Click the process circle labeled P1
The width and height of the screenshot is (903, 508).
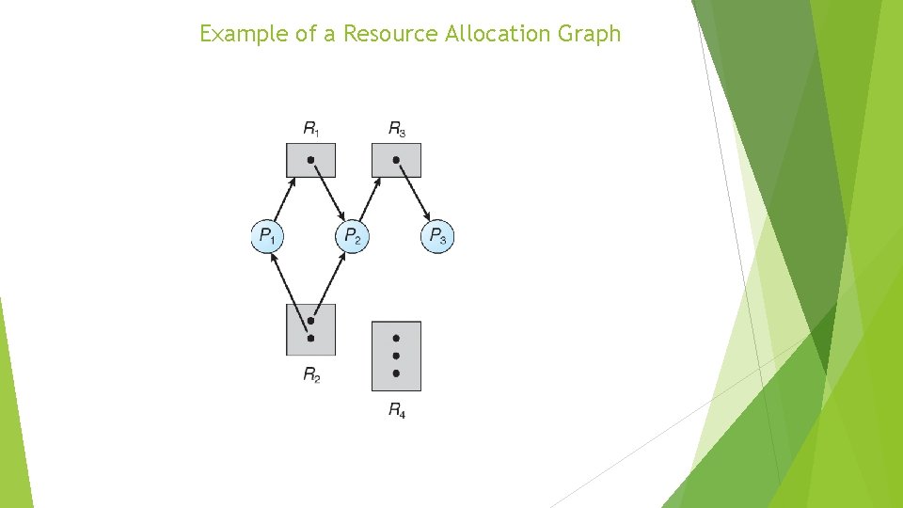pos(267,235)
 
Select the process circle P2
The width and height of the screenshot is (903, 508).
pos(352,235)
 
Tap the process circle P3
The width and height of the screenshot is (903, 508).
pos(436,235)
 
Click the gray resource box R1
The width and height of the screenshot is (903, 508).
pos(310,160)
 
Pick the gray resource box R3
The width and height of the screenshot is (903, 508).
pos(396,160)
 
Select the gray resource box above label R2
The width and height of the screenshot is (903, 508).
pos(310,329)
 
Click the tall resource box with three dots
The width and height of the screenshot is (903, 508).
pos(396,356)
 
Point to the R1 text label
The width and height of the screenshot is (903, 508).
pos(310,128)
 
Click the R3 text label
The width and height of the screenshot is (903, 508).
pos(396,128)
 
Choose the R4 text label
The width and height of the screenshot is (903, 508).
pos(397,409)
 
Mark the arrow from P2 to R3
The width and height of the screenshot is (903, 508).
pos(371,199)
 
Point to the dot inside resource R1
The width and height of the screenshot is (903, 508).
pos(310,160)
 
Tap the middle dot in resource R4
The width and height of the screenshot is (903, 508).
pos(396,356)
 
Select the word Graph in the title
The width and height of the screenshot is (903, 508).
pos(591,34)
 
